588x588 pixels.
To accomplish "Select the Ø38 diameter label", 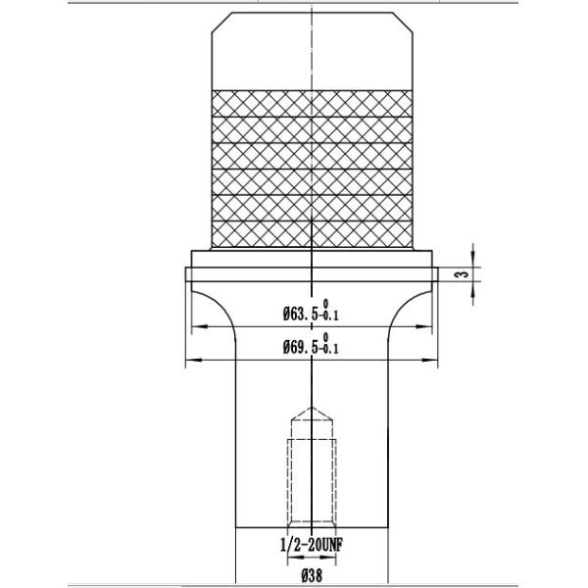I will (x=313, y=575).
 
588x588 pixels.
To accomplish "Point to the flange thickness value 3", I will (x=458, y=276).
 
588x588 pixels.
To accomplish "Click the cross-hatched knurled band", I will (x=312, y=167).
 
